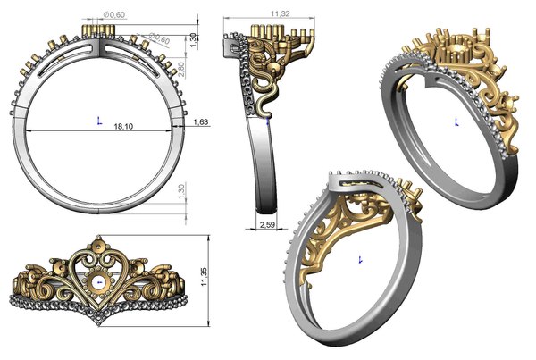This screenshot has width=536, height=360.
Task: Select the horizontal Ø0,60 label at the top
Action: [x=113, y=15]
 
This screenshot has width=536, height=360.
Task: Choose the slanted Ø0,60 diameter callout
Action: [x=159, y=38]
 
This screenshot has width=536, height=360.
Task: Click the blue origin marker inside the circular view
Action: [x=96, y=117]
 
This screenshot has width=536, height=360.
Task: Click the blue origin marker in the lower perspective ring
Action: [x=359, y=258]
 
